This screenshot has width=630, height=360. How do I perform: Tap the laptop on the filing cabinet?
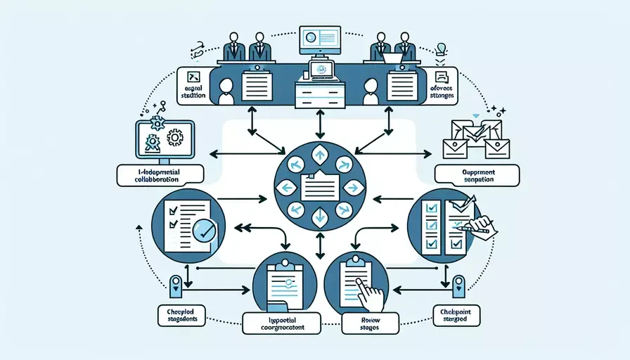320,70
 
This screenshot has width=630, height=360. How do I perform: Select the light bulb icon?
442,49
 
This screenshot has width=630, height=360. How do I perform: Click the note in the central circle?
319,186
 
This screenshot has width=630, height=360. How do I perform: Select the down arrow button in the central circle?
320,217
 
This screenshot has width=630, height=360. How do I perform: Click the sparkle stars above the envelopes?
497,110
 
